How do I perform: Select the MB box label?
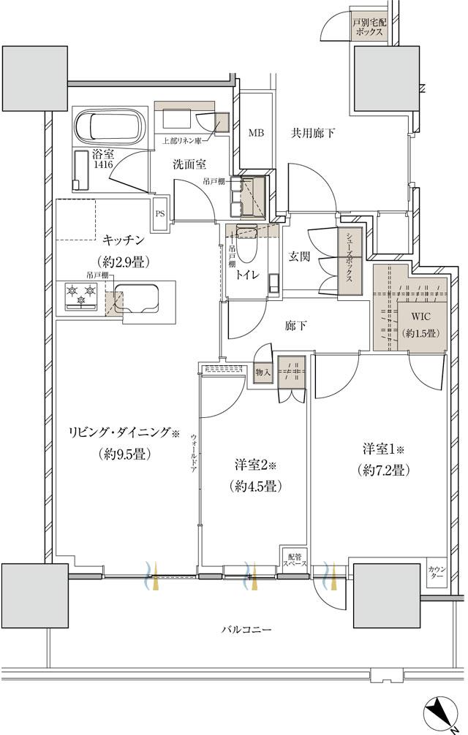(x=255, y=133)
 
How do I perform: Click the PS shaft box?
(x=159, y=214)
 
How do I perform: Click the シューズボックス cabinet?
(x=350, y=264)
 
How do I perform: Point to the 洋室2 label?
(x=254, y=465)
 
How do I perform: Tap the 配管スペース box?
(x=295, y=558)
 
